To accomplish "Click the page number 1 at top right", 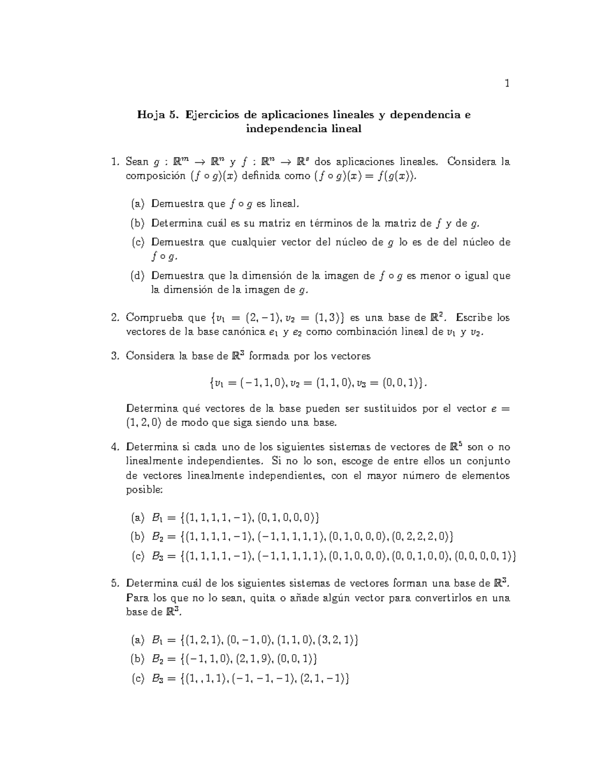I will (506, 83).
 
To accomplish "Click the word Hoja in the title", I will (151, 115).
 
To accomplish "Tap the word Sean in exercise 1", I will (137, 161).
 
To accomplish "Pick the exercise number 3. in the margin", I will (116, 356).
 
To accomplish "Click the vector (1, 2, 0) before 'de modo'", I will (144, 423).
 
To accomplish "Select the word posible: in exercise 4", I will (144, 490).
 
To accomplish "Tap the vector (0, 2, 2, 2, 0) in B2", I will (421, 536).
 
